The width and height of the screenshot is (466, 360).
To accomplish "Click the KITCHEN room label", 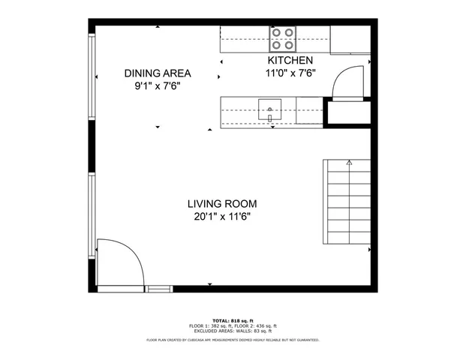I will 284,60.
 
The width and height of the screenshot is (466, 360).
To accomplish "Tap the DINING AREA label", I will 158,73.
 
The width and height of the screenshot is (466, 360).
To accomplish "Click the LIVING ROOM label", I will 222,203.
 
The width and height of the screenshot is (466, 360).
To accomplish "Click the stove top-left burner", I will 277,33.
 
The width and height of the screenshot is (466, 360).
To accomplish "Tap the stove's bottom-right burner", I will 289,44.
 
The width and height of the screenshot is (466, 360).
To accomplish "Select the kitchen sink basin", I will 269,109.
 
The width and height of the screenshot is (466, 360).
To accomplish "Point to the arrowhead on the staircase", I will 349,161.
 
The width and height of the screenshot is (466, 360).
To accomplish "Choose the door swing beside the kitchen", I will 348,80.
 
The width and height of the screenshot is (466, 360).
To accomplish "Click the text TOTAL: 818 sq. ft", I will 233,320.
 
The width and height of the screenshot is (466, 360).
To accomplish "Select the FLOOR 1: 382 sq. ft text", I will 209,325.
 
